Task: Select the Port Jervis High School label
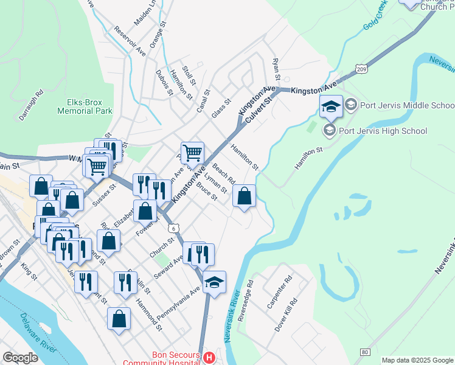(x=383, y=130)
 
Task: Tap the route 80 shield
(x=365, y=352)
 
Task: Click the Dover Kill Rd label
(x=287, y=314)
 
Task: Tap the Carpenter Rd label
(x=280, y=292)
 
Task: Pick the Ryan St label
(x=276, y=69)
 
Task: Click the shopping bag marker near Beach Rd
(x=244, y=196)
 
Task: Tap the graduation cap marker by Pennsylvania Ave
(x=214, y=282)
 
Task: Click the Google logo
(x=21, y=358)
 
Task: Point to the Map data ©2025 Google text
(x=417, y=360)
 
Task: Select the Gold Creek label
(x=376, y=23)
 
